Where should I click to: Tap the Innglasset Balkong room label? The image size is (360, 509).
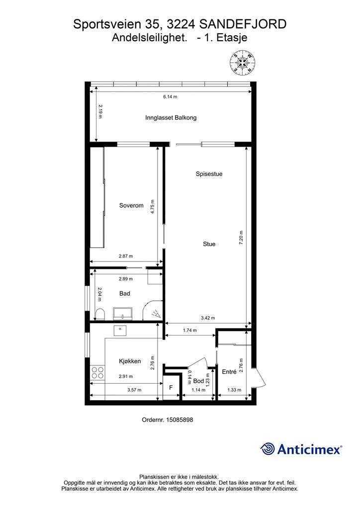pos(171,117)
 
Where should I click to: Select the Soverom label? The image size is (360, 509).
pos(131,205)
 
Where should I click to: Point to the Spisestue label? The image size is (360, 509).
pos(209,174)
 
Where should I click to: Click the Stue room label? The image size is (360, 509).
pos(209,244)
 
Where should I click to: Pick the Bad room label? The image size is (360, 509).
pos(125,293)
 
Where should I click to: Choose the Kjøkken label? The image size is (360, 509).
pos(130,361)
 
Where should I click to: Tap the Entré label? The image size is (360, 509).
pos(229,372)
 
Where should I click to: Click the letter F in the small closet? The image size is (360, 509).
pos(171,388)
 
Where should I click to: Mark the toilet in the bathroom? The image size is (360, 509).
pos(100,314)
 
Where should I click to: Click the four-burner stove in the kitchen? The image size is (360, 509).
pos(97,372)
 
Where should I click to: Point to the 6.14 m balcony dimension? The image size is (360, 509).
pos(170,97)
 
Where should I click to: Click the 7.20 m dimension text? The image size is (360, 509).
pos(241,237)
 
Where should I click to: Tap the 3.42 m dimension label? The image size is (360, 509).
pos(208,318)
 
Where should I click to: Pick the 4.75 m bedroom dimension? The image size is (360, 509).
pos(153,206)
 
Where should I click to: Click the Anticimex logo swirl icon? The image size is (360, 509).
pos(268,449)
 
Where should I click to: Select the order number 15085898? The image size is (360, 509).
pos(180,420)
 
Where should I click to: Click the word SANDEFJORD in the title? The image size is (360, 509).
pos(243,24)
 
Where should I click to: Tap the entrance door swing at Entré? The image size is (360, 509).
pos(260,377)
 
